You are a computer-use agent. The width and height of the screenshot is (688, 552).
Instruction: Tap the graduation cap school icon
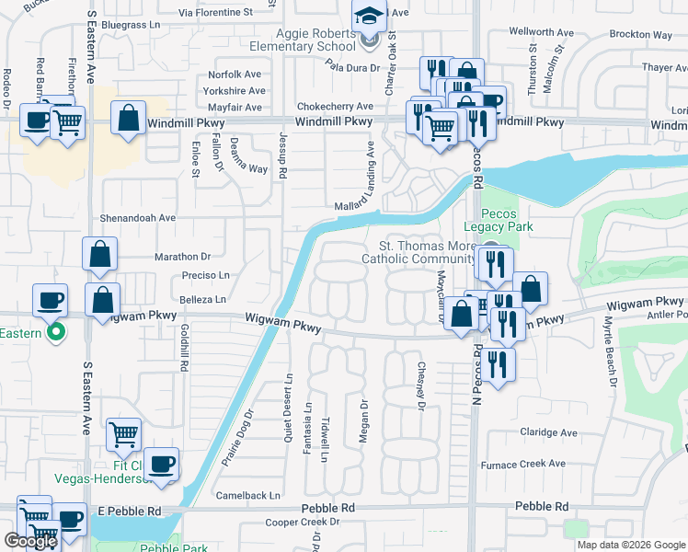pos(369,17)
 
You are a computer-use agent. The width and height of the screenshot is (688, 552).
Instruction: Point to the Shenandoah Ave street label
pos(137,218)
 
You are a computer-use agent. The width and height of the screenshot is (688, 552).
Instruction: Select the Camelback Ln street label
pos(249,495)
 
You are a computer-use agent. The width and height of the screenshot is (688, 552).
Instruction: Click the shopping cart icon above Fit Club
pos(123,433)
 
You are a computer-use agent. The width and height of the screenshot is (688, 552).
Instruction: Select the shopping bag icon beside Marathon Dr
pos(99,254)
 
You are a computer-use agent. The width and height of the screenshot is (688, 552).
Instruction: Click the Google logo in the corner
pos(29,541)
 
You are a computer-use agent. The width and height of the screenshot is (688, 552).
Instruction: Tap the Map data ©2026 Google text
pos(630,545)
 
